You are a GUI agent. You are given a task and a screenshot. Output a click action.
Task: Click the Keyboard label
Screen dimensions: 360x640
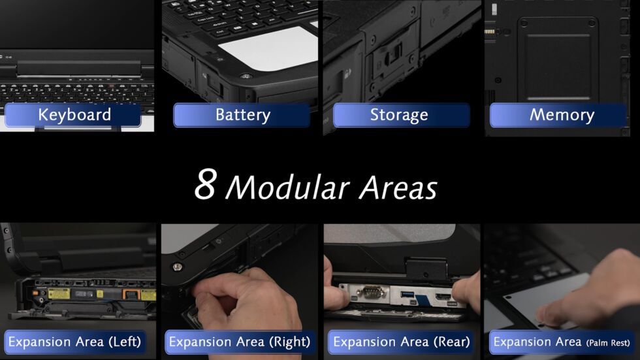(74, 115)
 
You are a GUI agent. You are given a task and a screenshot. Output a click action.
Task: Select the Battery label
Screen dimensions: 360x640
(242, 115)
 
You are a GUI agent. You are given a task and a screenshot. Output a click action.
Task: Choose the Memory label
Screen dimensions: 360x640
(562, 115)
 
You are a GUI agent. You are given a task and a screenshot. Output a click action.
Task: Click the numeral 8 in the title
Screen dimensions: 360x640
(205, 186)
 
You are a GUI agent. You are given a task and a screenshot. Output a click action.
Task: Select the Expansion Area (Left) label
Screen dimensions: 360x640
(74, 342)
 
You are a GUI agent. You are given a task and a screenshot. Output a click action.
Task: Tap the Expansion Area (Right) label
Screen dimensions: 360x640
(238, 342)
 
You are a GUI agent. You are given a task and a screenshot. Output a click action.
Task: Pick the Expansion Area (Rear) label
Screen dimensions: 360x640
(401, 342)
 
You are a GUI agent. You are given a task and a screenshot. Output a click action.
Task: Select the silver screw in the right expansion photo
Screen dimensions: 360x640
(176, 267)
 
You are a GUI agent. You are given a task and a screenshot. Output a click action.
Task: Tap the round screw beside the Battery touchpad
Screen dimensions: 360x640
(245, 76)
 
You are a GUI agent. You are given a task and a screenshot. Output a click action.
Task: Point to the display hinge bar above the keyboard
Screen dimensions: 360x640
(79, 67)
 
